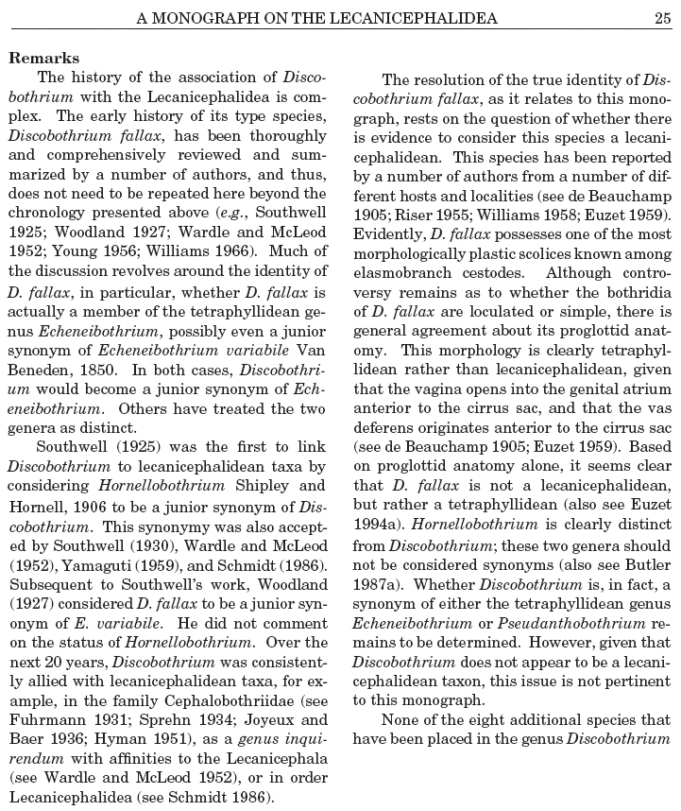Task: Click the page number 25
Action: (x=661, y=16)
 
